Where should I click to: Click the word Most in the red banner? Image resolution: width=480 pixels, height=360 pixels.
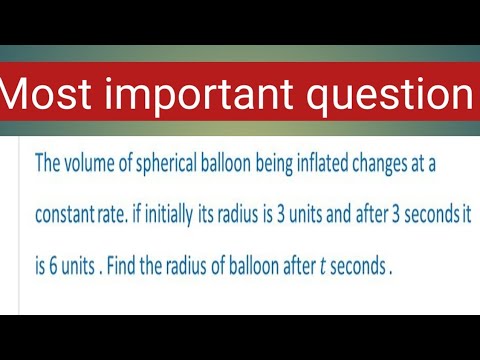click(x=50, y=95)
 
